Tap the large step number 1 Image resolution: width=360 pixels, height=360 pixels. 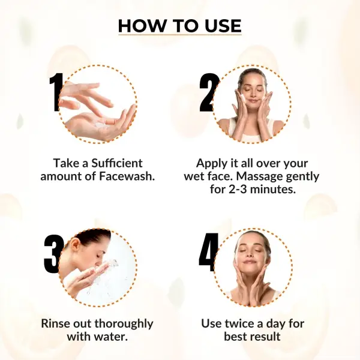(x=56, y=92)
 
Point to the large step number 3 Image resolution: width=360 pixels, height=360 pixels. (x=53, y=254)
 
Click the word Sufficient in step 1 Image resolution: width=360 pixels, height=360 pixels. (x=117, y=163)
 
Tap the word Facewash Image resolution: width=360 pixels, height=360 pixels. (x=127, y=176)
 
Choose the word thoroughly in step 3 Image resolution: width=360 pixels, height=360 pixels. (x=124, y=324)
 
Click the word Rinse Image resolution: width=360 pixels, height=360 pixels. (x=56, y=324)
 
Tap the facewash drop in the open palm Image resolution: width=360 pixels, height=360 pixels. (x=99, y=125)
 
